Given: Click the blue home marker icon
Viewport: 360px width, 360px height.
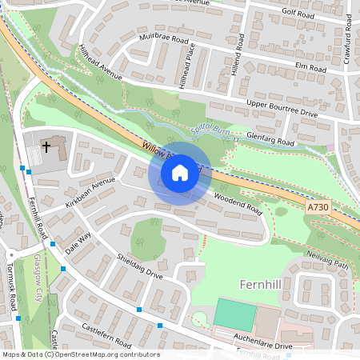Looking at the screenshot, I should pyautogui.click(x=180, y=172).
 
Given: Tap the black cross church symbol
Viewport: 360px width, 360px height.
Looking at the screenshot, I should pyautogui.click(x=46, y=146).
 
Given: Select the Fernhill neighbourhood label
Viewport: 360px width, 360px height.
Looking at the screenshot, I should pyautogui.click(x=264, y=284).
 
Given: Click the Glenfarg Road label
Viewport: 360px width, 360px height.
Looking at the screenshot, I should pyautogui.click(x=270, y=140).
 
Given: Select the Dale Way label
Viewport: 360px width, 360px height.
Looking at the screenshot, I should pyautogui.click(x=78, y=243).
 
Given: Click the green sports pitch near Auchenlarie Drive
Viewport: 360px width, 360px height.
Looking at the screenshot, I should pyautogui.click(x=235, y=314).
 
